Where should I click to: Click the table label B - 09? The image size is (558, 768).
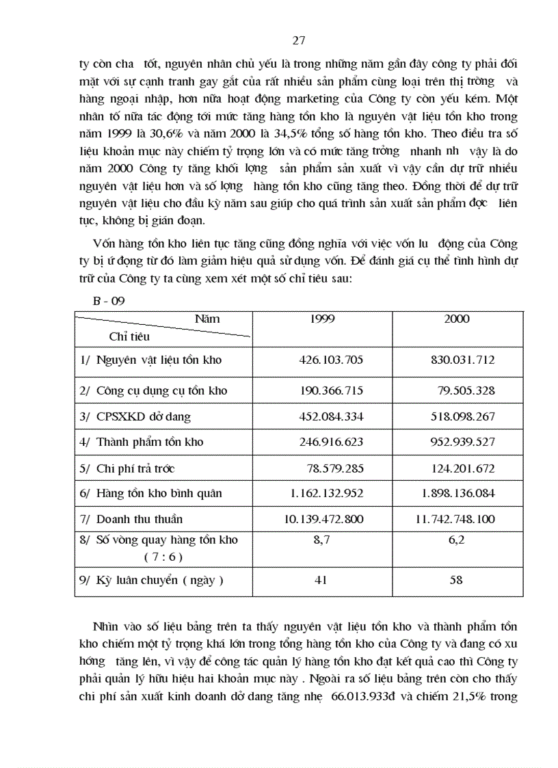click(109, 301)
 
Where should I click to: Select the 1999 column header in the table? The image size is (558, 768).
click(322, 319)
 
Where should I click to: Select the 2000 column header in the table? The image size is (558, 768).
click(456, 319)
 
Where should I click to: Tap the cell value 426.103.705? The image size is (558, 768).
click(331, 360)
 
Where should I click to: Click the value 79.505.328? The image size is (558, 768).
click(466, 390)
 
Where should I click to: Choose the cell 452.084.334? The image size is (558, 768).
click(331, 416)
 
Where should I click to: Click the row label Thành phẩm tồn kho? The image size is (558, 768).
click(150, 442)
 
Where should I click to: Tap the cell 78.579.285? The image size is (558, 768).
click(336, 468)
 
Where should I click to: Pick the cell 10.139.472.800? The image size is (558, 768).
click(323, 520)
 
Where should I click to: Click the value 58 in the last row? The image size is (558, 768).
click(456, 580)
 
